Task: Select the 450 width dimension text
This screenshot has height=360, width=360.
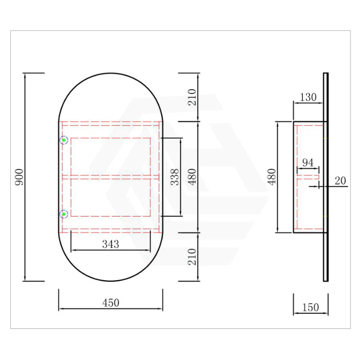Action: click(x=111, y=303)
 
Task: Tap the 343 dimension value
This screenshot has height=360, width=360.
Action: click(x=111, y=244)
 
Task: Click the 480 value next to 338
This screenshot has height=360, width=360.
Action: click(x=192, y=177)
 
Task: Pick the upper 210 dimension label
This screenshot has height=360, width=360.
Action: click(x=192, y=97)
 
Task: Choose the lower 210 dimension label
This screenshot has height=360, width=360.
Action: click(x=192, y=257)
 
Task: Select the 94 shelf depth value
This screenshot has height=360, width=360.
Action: click(x=308, y=163)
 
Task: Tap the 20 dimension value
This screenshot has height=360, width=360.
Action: click(x=340, y=180)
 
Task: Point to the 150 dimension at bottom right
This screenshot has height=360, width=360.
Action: click(x=310, y=307)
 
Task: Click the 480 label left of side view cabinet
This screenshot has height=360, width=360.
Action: click(x=271, y=177)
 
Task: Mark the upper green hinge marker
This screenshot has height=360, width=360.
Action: click(x=64, y=140)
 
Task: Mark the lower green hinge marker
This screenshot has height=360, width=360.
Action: click(x=64, y=214)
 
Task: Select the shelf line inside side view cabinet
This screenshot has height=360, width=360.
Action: click(x=308, y=177)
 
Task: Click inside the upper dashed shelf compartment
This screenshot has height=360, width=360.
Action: click(x=111, y=156)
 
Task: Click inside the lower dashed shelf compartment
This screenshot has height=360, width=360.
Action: click(x=111, y=198)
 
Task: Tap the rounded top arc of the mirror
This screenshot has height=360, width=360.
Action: click(x=111, y=73)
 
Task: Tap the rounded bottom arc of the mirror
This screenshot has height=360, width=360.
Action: click(x=111, y=281)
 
